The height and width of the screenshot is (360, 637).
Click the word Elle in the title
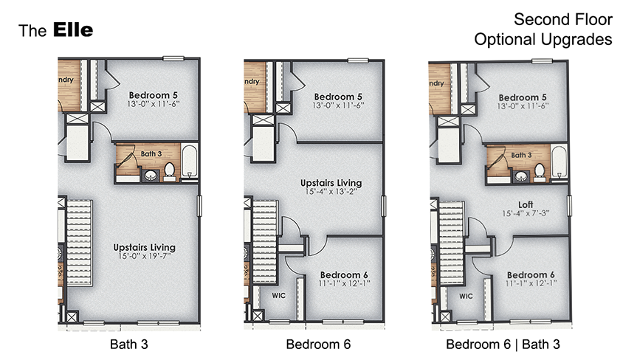tap(72, 30)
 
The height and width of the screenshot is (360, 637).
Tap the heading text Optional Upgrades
tap(543, 39)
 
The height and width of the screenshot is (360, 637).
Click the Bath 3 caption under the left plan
tap(129, 344)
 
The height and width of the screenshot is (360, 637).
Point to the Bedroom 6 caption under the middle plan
tap(318, 344)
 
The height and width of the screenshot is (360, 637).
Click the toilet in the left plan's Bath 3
tap(169, 170)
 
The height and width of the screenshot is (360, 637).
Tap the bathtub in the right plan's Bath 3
tap(559, 162)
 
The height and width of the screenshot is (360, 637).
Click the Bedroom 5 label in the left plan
tap(154, 94)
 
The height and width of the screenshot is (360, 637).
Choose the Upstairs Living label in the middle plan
tap(330, 182)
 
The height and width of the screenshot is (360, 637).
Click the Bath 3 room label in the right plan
tap(521, 155)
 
